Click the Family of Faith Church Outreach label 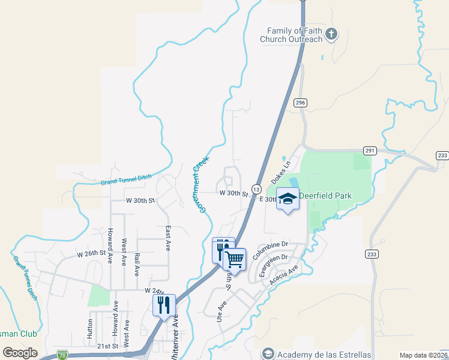[x=291, y=35]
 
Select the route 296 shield [x=301, y=103]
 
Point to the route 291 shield [x=369, y=151]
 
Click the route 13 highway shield [x=256, y=188]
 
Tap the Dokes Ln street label [x=280, y=172]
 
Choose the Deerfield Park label [x=325, y=196]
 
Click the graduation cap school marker [x=288, y=199]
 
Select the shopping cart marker [x=235, y=260]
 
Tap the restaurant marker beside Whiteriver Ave [x=164, y=305]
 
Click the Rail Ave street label [x=137, y=263]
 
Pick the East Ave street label [x=168, y=238]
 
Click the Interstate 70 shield [x=62, y=355]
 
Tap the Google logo [x=20, y=353]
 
